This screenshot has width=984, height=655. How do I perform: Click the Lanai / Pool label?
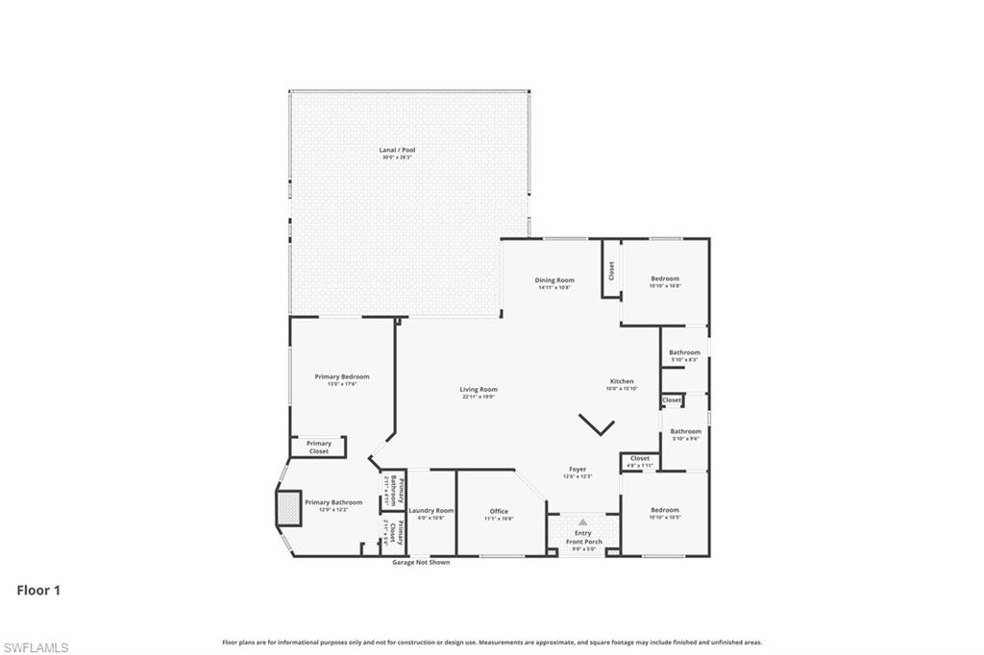tap(397, 150)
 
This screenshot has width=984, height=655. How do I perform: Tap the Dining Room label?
tap(554, 280)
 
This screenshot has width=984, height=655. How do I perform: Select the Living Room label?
tap(479, 389)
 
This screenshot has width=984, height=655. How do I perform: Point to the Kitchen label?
tap(622, 381)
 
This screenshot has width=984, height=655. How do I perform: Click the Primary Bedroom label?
tap(342, 376)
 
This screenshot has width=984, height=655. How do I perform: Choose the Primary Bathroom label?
tap(333, 502)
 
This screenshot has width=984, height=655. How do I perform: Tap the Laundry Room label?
tap(431, 511)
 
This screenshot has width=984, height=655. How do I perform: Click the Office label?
tap(499, 511)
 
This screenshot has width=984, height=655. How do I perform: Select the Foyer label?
tap(578, 470)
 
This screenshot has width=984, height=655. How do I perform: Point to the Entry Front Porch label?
tap(583, 537)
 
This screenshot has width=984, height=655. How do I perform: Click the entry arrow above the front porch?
tap(582, 522)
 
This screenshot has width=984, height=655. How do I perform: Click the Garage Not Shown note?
tap(421, 562)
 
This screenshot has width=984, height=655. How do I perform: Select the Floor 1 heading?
tap(38, 591)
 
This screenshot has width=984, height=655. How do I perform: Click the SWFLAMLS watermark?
tap(36, 647)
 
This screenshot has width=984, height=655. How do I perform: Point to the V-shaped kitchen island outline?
tap(597, 425)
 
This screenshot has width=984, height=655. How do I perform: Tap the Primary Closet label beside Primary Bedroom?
tap(319, 447)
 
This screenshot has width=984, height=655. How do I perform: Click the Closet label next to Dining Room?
tap(611, 272)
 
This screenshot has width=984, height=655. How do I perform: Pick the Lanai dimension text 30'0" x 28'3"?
tap(397, 157)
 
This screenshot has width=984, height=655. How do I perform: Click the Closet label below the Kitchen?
tap(640, 458)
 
